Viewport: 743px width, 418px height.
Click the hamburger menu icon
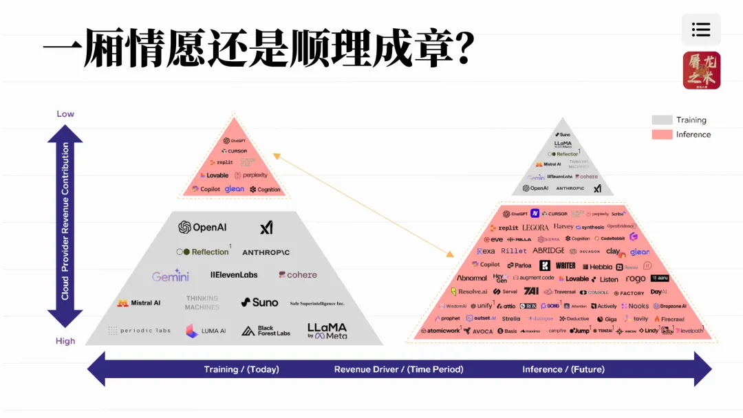701,30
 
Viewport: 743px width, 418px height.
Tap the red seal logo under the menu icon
701,70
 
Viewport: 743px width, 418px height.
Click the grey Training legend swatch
662,120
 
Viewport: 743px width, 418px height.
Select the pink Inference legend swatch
662,135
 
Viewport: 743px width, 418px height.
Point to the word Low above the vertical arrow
65,113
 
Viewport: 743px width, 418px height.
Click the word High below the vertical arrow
65,340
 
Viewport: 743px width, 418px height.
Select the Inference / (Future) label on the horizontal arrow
563,369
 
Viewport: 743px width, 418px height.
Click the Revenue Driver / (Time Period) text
398,369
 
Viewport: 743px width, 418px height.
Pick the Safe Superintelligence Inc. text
317,303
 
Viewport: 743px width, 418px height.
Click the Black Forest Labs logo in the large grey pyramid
266,331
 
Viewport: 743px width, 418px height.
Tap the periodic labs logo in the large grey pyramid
140,331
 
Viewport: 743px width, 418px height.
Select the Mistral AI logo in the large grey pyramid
139,302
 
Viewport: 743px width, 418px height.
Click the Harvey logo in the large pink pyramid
563,226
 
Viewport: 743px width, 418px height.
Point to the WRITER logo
566,265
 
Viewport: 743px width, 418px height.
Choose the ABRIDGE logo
548,251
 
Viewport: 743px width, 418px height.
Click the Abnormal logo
472,278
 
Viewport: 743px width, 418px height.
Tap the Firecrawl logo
669,319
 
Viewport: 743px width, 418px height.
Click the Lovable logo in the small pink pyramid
214,175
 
